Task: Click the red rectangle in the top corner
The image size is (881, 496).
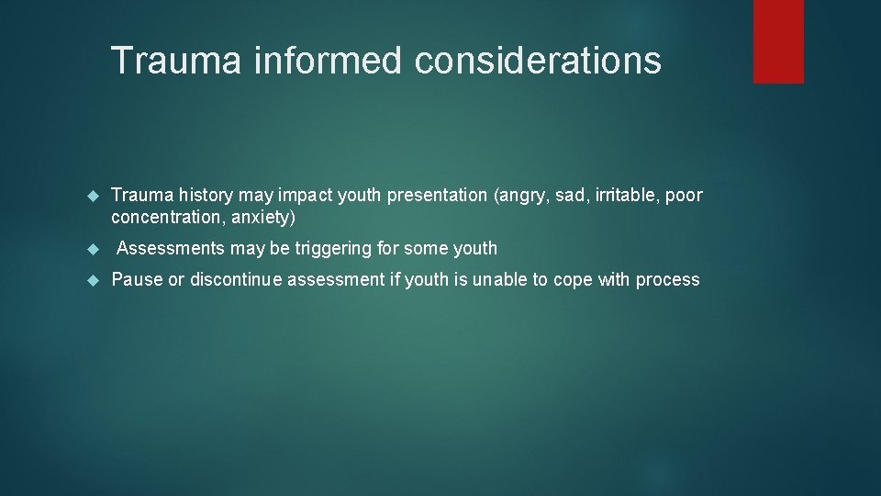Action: click(778, 41)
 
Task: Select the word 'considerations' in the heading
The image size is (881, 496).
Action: click(538, 61)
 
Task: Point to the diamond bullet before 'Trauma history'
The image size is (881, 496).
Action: click(92, 196)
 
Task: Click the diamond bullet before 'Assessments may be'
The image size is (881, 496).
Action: click(92, 249)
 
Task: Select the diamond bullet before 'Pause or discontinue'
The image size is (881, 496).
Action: click(92, 280)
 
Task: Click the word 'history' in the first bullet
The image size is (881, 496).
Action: click(207, 195)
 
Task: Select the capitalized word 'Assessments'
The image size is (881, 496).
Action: click(172, 248)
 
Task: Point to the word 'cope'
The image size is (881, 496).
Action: click(573, 280)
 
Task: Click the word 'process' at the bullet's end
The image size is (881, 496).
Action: click(667, 280)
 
